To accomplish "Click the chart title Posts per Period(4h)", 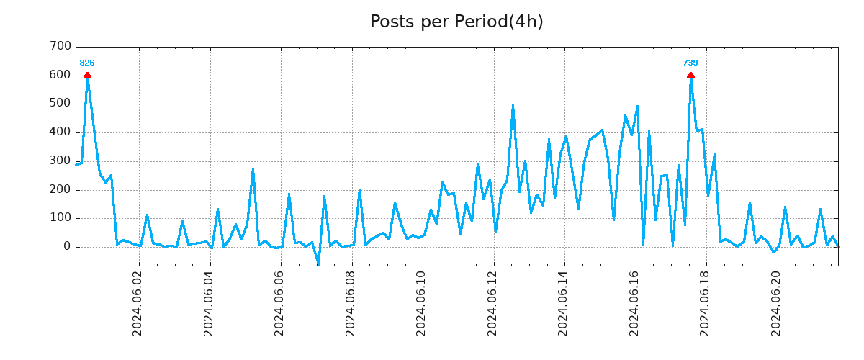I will tap(456, 22).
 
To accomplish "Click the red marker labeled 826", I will tap(87, 76).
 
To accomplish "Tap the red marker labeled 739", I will tap(690, 76).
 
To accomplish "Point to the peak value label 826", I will tap(87, 63).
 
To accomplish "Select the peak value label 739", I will tap(690, 63).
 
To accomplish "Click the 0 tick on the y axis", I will tap(68, 247).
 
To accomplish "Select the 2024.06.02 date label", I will tap(138, 303).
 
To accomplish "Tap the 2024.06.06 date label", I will tap(280, 303).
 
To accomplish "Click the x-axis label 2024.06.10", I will tap(422, 303).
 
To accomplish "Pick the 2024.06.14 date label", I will tap(564, 303).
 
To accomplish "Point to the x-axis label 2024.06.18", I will tap(706, 303).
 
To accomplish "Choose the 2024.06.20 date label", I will tap(777, 303).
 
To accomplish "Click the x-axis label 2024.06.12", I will tap(493, 303).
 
